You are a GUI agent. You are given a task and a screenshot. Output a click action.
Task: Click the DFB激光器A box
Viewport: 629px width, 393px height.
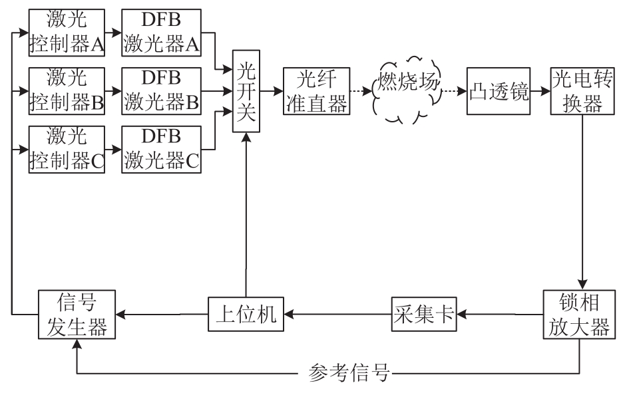pyautogui.click(x=160, y=33)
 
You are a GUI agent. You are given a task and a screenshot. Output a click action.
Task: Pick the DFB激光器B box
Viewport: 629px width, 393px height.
pyautogui.click(x=160, y=90)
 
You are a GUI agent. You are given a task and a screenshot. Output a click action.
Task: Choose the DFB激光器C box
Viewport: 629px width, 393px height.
pyautogui.click(x=160, y=148)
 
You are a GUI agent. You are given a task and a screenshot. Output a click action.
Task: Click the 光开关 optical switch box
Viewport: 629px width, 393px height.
pyautogui.click(x=246, y=91)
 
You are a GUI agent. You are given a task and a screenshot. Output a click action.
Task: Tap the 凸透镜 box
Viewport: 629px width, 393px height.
pyautogui.click(x=498, y=91)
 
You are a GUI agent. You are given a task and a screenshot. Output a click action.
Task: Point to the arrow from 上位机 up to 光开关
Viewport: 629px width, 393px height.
pyautogui.click(x=246, y=213)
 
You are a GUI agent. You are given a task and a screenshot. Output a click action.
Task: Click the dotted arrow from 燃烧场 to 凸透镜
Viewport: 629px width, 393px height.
pyautogui.click(x=452, y=91)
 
